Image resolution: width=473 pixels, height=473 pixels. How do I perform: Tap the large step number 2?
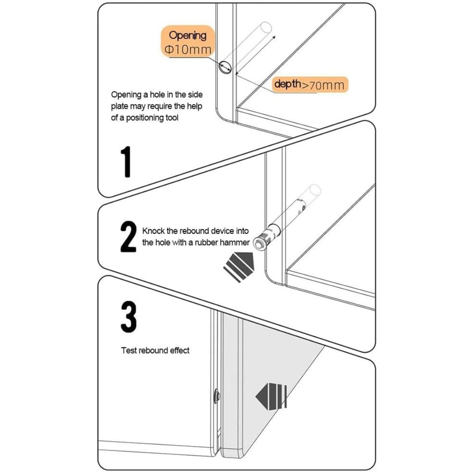(128, 236)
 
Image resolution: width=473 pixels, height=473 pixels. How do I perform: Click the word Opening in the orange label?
(187, 35)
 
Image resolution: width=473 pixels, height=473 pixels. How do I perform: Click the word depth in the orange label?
(287, 84)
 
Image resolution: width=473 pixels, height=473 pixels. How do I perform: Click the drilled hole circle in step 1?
(225, 67)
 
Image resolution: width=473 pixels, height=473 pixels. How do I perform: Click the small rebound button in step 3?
(216, 395)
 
